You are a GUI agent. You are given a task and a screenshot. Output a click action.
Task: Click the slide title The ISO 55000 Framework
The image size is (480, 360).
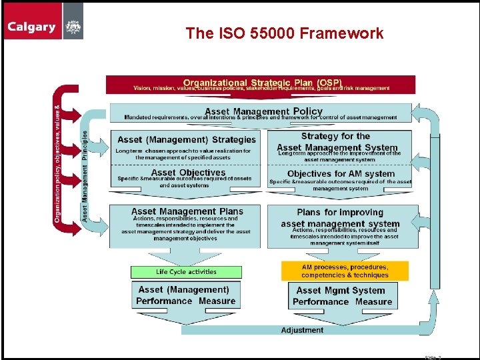tap(285, 33)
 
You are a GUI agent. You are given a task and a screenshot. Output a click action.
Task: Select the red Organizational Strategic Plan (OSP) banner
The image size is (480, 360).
tap(261, 84)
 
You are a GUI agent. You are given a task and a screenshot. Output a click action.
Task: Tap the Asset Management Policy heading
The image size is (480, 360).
tap(263, 111)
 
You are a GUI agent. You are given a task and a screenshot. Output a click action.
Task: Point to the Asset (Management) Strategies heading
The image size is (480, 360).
tap(186, 139)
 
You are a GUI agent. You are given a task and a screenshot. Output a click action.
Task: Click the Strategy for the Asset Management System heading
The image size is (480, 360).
tap(337, 141)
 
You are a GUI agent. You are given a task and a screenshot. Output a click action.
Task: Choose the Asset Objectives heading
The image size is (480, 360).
tap(188, 173)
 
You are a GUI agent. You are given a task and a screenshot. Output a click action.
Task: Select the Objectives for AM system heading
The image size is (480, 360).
tap(341, 173)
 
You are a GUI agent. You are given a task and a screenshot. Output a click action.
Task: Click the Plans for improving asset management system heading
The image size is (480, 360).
tap(340, 218)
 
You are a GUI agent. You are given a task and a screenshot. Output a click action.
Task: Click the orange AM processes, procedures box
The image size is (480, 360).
tap(345, 271)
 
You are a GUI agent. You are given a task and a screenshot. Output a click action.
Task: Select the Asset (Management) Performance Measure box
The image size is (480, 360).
tap(185, 295)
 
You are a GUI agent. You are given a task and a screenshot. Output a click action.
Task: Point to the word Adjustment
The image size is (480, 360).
tap(302, 330)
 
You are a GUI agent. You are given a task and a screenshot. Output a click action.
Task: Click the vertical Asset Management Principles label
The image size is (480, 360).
tap(85, 175)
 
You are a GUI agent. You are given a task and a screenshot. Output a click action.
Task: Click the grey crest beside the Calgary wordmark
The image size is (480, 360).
tap(73, 20)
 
